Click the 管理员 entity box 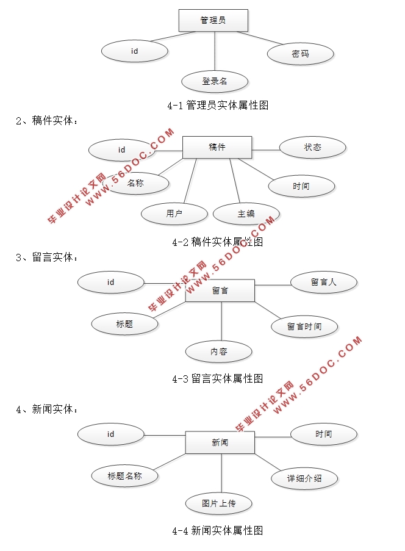[213, 21]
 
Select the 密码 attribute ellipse [300, 54]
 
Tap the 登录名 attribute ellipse [215, 81]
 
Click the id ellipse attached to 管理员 [134, 51]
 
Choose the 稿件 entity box [217, 147]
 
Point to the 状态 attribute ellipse [312, 147]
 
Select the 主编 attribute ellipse [246, 214]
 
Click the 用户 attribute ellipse [174, 214]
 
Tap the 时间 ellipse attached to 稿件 [301, 186]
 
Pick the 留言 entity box [220, 290]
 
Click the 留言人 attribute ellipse [323, 282]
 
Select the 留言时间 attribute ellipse [304, 326]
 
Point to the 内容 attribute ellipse [218, 351]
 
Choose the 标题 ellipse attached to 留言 [124, 324]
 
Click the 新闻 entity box [220, 442]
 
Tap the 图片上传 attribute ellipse [218, 503]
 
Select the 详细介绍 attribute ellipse [304, 478]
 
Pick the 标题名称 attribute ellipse [124, 476]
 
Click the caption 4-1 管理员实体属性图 [217, 106]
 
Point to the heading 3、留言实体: [48, 257]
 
